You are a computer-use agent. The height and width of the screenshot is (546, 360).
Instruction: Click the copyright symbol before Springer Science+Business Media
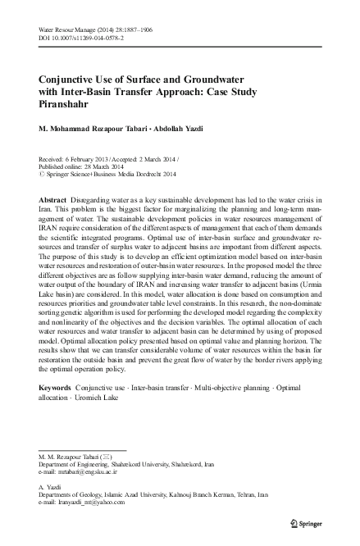click(42, 173)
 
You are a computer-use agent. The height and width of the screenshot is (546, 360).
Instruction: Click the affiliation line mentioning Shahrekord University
click(118, 464)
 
